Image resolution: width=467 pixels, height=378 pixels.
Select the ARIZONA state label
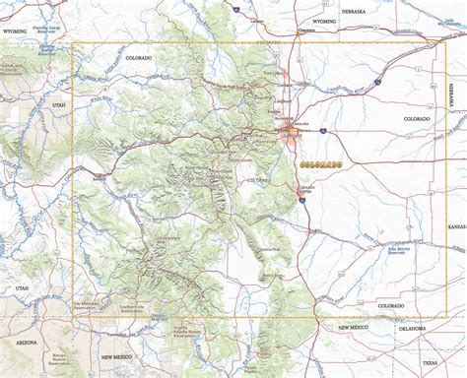26,342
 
